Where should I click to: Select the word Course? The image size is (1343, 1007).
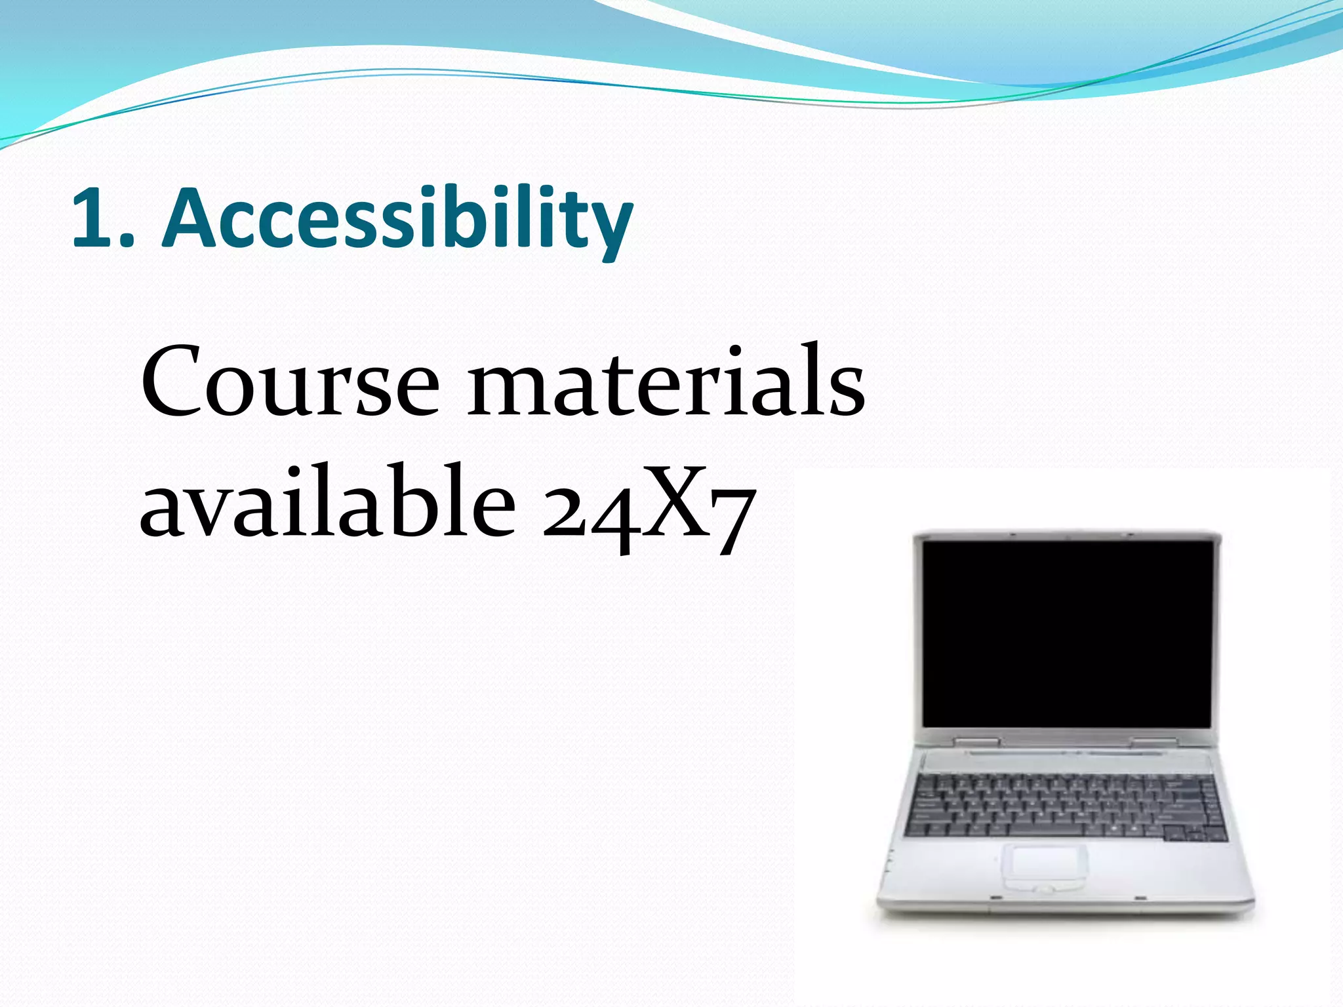click(289, 383)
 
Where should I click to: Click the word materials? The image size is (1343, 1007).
click(666, 383)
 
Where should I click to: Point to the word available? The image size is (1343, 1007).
click(327, 502)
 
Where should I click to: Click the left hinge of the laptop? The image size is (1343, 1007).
click(976, 741)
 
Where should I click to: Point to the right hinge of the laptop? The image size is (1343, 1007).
click(1154, 741)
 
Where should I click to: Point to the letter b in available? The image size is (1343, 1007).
click(420, 502)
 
